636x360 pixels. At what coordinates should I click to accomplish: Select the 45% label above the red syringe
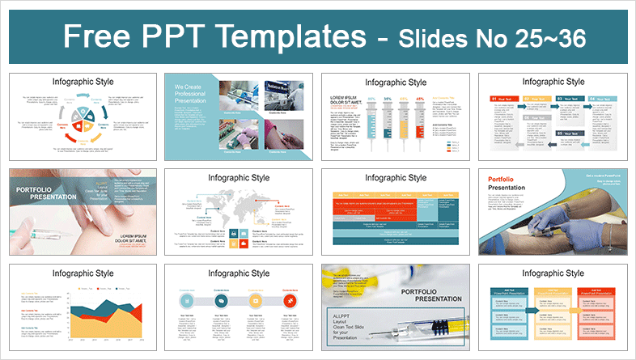point(419,99)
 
